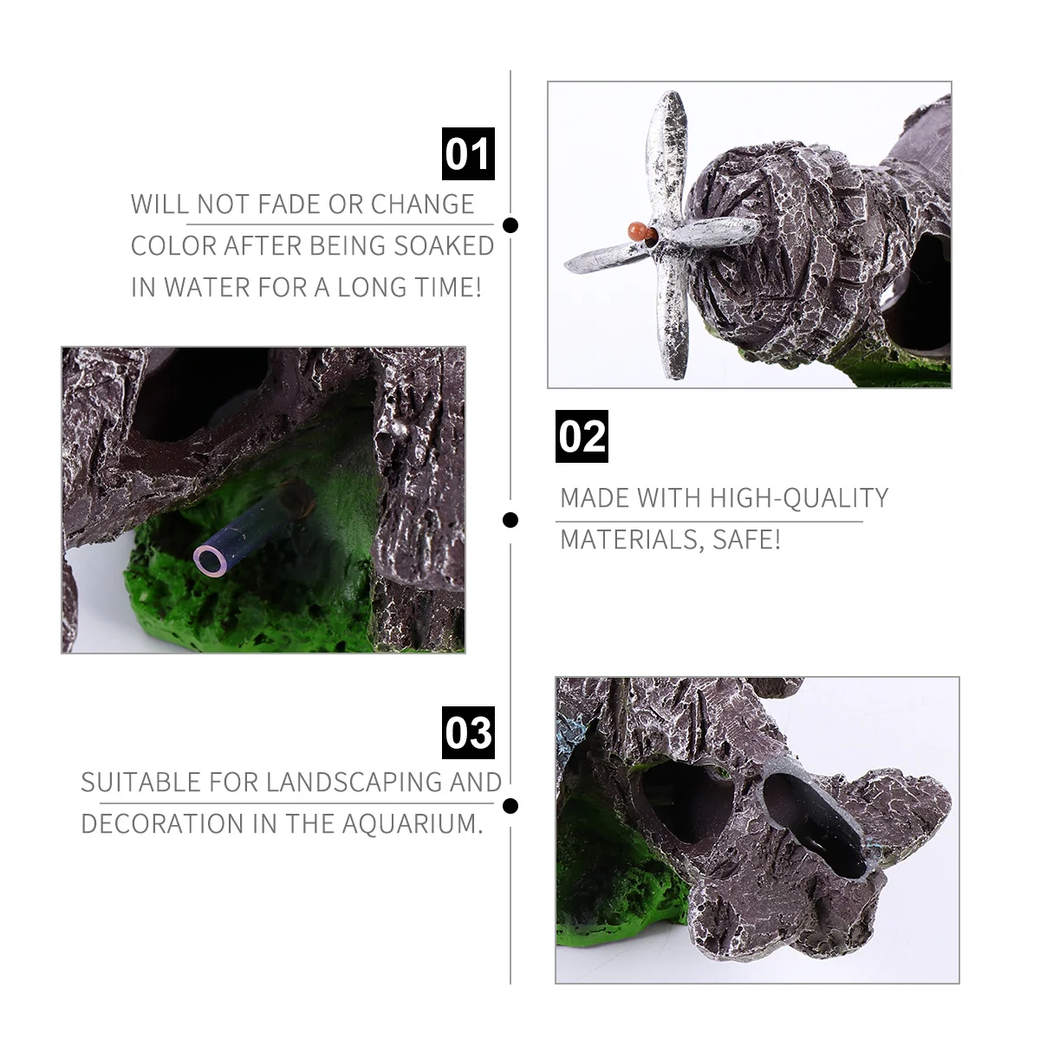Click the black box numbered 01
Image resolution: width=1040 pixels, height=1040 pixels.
(x=468, y=154)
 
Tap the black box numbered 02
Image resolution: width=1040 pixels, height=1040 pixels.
(x=582, y=436)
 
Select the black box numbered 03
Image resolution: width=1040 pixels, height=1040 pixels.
(x=468, y=732)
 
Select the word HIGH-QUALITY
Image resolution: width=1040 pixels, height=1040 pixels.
(x=799, y=498)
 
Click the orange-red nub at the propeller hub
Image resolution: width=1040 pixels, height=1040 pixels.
(x=639, y=231)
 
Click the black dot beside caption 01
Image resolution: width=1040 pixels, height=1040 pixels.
(x=510, y=225)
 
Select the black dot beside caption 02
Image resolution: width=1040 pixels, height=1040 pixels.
(x=510, y=520)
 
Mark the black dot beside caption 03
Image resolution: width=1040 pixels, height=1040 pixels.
(x=510, y=806)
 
